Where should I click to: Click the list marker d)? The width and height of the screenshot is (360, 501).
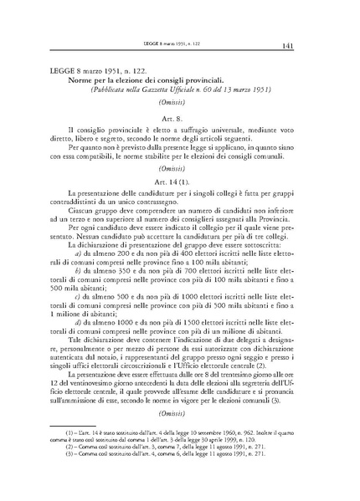pos(77,320)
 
